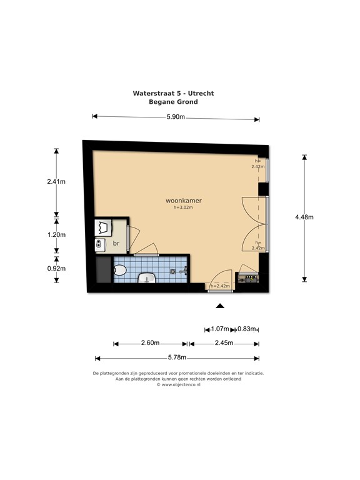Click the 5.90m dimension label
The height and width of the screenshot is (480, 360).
point(176,117)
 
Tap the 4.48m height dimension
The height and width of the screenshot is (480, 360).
point(304,217)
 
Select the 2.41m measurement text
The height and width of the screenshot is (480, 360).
point(56,181)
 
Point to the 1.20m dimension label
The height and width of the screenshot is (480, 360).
point(56,235)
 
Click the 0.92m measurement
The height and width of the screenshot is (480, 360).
point(56,269)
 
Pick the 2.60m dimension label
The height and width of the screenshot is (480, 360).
point(150,343)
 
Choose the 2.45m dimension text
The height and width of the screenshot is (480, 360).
point(224,343)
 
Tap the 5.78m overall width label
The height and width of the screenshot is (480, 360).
point(177,357)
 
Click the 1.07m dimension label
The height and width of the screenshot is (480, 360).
point(220,329)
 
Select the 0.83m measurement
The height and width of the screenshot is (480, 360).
point(247,329)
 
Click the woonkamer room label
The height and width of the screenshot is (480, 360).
point(184,201)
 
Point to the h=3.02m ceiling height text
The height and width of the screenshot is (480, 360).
point(183,207)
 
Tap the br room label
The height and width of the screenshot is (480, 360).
point(116,243)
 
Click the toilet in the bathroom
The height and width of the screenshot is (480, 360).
point(120,270)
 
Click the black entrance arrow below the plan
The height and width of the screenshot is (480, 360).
point(220,306)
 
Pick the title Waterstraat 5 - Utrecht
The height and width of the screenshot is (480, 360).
point(173,93)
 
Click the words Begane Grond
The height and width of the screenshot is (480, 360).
point(173,102)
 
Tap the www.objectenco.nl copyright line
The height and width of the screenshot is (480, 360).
point(179,385)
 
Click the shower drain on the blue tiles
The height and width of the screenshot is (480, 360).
point(173,271)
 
